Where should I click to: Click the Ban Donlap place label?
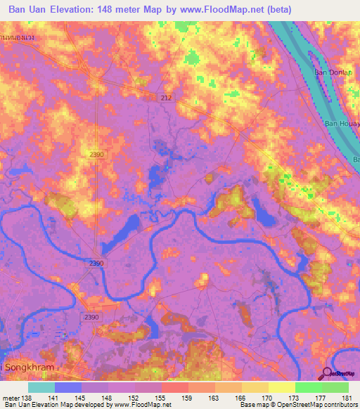click(x=332, y=72)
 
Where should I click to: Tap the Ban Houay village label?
click(x=340, y=124)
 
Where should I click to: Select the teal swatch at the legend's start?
click(x=41, y=387)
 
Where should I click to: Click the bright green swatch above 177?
click(x=308, y=387)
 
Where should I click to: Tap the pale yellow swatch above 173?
click(x=281, y=387)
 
